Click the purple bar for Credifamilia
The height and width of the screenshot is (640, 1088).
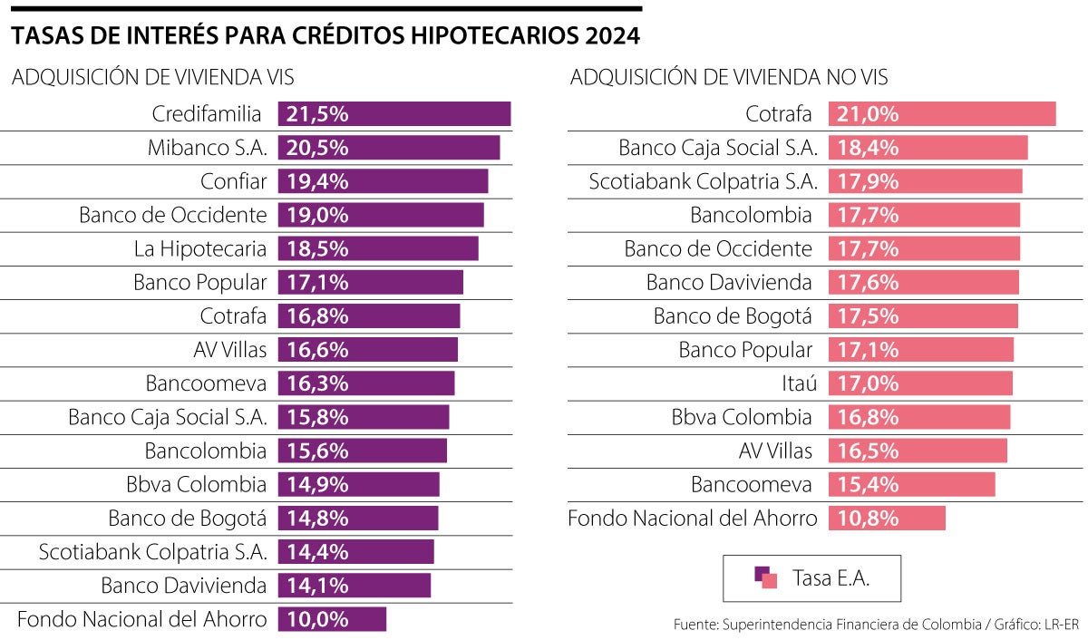pos(394,113)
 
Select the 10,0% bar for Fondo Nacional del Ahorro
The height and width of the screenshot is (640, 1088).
pos(332,619)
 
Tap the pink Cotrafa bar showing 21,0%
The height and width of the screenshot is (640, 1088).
pos(941,113)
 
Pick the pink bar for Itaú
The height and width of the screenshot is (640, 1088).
pos(920,383)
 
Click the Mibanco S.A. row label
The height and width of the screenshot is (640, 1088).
pos(207,148)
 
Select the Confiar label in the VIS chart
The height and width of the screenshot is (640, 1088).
pos(233,181)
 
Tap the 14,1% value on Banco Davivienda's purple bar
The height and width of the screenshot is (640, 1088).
pos(317,586)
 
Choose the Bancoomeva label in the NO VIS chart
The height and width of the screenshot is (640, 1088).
pos(752,485)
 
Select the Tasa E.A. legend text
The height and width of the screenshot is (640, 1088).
pos(831,578)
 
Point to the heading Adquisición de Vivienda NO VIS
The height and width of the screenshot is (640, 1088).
pos(729,77)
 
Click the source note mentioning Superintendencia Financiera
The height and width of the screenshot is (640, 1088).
pos(878,625)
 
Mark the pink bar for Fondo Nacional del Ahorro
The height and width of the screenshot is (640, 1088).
pos(887,519)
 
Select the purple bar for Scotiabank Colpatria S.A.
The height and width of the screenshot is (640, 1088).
pos(356,552)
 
